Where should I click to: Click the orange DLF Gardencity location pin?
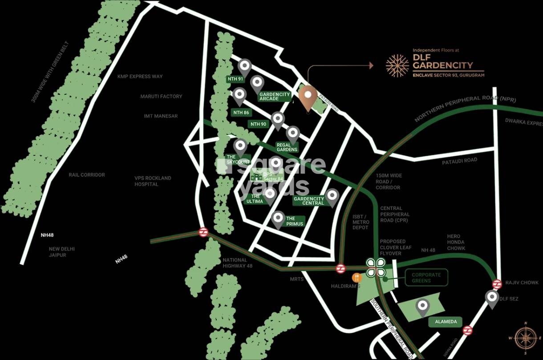pos(308,97)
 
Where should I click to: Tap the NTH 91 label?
pos(235,79)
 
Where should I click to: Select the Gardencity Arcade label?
pos(275,97)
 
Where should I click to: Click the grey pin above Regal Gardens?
pos(293,133)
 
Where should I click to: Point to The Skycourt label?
pos(238,159)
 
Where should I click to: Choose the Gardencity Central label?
pos(309,201)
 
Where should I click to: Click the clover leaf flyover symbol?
pos(376,267)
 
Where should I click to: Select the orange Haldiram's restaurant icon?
pos(357,278)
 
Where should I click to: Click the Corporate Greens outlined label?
pos(426,278)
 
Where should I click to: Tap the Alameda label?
pos(446,322)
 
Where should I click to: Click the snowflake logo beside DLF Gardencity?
pos(397,66)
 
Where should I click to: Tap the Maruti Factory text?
pos(161,97)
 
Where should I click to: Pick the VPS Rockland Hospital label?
pos(153,181)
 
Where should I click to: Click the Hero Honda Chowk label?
pos(456,243)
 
